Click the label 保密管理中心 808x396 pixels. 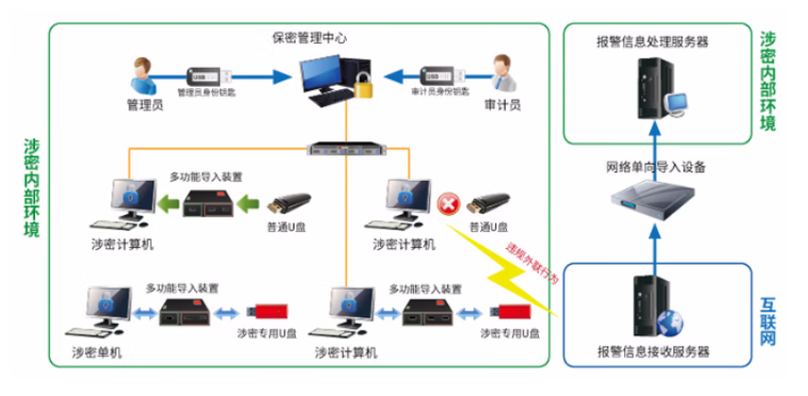pyautogui.click(x=309, y=39)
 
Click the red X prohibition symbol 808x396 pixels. pyautogui.click(x=447, y=202)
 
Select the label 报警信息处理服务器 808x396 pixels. pyautogui.click(x=654, y=42)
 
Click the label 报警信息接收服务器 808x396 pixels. pyautogui.click(x=654, y=351)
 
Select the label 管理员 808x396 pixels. pyautogui.click(x=145, y=105)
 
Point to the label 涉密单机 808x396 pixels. pyautogui.click(x=98, y=351)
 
